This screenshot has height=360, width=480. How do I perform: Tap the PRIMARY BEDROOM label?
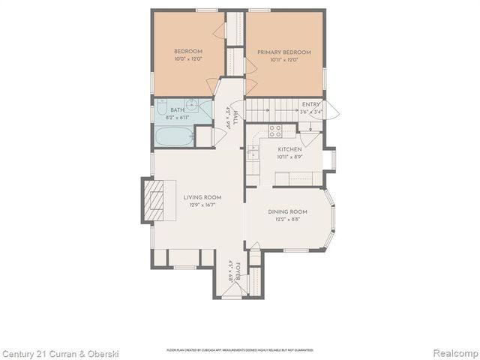pos(284,55)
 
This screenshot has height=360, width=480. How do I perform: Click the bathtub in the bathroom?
pos(174,136)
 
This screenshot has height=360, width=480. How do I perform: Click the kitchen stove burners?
pos(274,131)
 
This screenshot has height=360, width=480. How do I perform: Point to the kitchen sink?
pos(253,152)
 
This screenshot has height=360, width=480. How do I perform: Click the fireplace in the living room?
pos(155,201)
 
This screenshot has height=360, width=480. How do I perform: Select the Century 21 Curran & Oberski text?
pos(59,352)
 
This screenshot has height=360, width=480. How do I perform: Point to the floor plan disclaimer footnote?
pos(240,350)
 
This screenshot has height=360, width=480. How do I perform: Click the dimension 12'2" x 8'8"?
pos(288,220)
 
